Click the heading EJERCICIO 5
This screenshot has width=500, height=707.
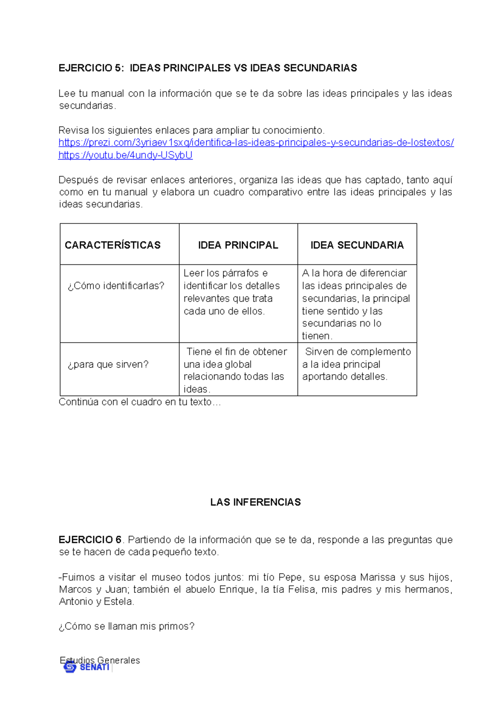pos(91,68)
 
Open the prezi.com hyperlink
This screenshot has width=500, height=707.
pos(256,143)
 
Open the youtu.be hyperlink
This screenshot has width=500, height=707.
pos(125,155)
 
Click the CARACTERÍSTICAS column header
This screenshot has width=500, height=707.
pos(112,245)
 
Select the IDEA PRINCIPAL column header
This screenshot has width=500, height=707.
pos(238,245)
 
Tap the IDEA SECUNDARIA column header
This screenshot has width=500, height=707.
pos(357,245)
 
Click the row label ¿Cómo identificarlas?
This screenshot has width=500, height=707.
pos(116,286)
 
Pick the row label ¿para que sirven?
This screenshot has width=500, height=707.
pos(108,364)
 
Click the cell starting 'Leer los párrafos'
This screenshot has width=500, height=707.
pos(232,292)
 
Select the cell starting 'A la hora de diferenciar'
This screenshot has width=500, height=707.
pos(355,304)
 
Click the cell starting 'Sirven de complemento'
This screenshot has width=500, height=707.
pos(356,364)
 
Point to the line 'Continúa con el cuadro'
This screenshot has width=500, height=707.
pos(139,402)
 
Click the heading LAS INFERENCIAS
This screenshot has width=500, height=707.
pos(255,502)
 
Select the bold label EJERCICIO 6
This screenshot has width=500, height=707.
pos(90,540)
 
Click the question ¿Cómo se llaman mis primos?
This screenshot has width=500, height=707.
pos(126,627)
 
